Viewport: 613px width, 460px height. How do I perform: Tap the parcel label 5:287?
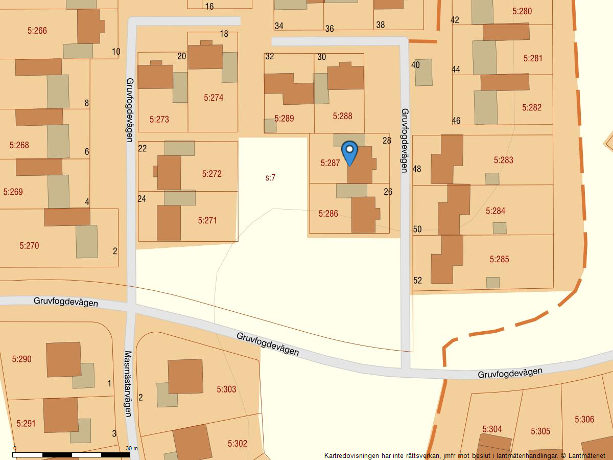tap(330, 163)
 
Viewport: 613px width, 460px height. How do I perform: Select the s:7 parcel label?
tap(271, 178)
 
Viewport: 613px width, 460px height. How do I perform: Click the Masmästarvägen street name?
tap(128, 383)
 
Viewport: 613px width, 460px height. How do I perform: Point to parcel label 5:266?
tap(37, 31)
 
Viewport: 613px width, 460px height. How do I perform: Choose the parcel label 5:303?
tap(226, 389)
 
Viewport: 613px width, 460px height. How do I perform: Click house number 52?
tap(417, 280)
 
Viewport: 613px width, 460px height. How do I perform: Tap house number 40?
tap(415, 65)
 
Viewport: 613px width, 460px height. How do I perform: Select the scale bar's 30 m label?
tap(132, 448)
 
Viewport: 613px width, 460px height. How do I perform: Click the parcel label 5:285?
tap(499, 259)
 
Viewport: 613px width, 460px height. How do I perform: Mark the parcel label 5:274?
tap(214, 97)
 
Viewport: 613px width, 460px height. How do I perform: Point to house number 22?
tap(143, 148)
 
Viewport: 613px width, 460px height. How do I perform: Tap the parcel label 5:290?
tap(21, 359)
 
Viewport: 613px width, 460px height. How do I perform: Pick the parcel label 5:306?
tap(584, 419)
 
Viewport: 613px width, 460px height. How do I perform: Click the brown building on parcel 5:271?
tap(169, 222)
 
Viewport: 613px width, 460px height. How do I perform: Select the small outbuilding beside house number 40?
tap(423, 72)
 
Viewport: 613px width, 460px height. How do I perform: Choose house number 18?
tap(224, 34)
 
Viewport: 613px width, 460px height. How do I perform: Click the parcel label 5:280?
tap(522, 11)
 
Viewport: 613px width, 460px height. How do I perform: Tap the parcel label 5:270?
tap(29, 245)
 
